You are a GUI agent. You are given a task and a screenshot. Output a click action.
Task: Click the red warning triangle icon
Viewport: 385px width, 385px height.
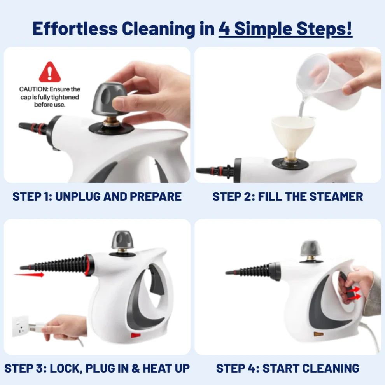(50, 72)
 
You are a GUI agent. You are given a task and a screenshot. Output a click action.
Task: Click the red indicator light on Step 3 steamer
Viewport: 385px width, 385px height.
(135, 334)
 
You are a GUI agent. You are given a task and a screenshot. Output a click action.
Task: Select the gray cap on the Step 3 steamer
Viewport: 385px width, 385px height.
(122, 240)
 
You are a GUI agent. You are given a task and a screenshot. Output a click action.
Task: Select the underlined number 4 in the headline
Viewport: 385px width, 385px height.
(224, 28)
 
